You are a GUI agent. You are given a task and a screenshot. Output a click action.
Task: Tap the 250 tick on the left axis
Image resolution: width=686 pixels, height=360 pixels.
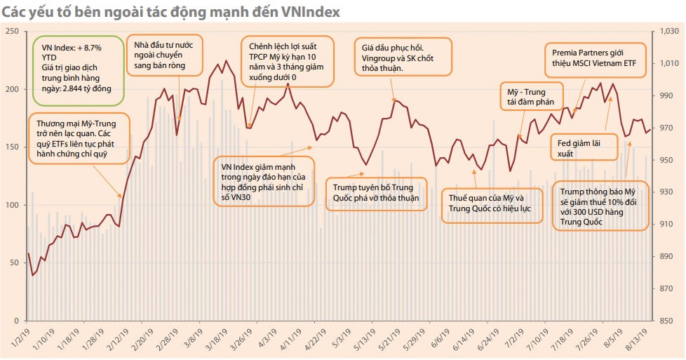click(11, 32)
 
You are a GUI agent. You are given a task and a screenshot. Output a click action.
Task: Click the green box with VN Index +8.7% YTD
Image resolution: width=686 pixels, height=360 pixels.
click(78, 67)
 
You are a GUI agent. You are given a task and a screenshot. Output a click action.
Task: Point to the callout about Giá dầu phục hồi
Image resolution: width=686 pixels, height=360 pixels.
click(398, 54)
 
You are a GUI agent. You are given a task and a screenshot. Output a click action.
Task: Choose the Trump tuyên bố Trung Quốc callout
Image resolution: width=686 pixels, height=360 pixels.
click(376, 194)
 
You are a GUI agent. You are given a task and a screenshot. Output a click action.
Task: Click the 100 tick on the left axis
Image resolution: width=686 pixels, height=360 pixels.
click(11, 206)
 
